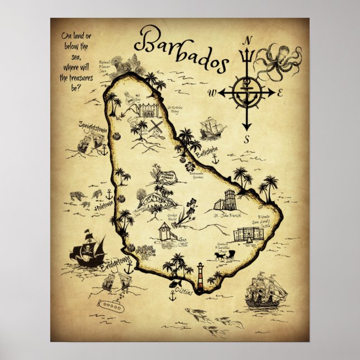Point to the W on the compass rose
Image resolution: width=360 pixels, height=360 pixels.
(212, 92)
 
